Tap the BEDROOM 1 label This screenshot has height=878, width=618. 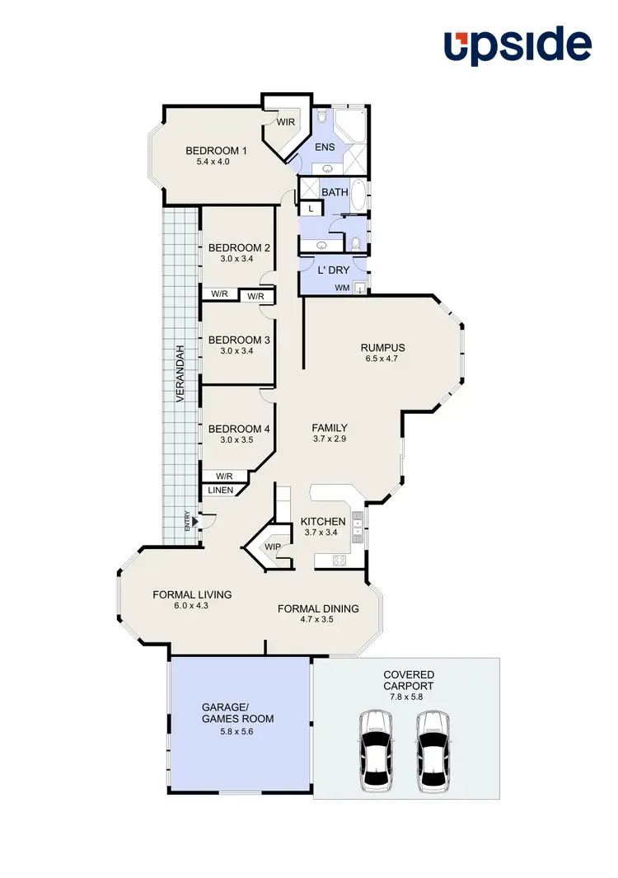click(x=216, y=151)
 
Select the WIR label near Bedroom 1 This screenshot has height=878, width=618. click(x=286, y=122)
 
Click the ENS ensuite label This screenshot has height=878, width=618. click(x=325, y=148)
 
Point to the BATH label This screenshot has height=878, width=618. click(x=335, y=192)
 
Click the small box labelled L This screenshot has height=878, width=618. click(x=310, y=209)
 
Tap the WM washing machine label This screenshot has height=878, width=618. click(x=342, y=288)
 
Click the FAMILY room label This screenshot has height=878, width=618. click(x=329, y=428)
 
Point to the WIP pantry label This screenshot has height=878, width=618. click(x=272, y=546)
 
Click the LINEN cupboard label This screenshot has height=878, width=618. click(x=221, y=491)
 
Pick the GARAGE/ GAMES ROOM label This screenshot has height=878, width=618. click(x=238, y=712)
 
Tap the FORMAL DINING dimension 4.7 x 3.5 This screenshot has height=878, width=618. click(x=318, y=620)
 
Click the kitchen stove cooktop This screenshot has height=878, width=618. click(x=339, y=561)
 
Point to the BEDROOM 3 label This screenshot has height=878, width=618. click(x=239, y=340)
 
